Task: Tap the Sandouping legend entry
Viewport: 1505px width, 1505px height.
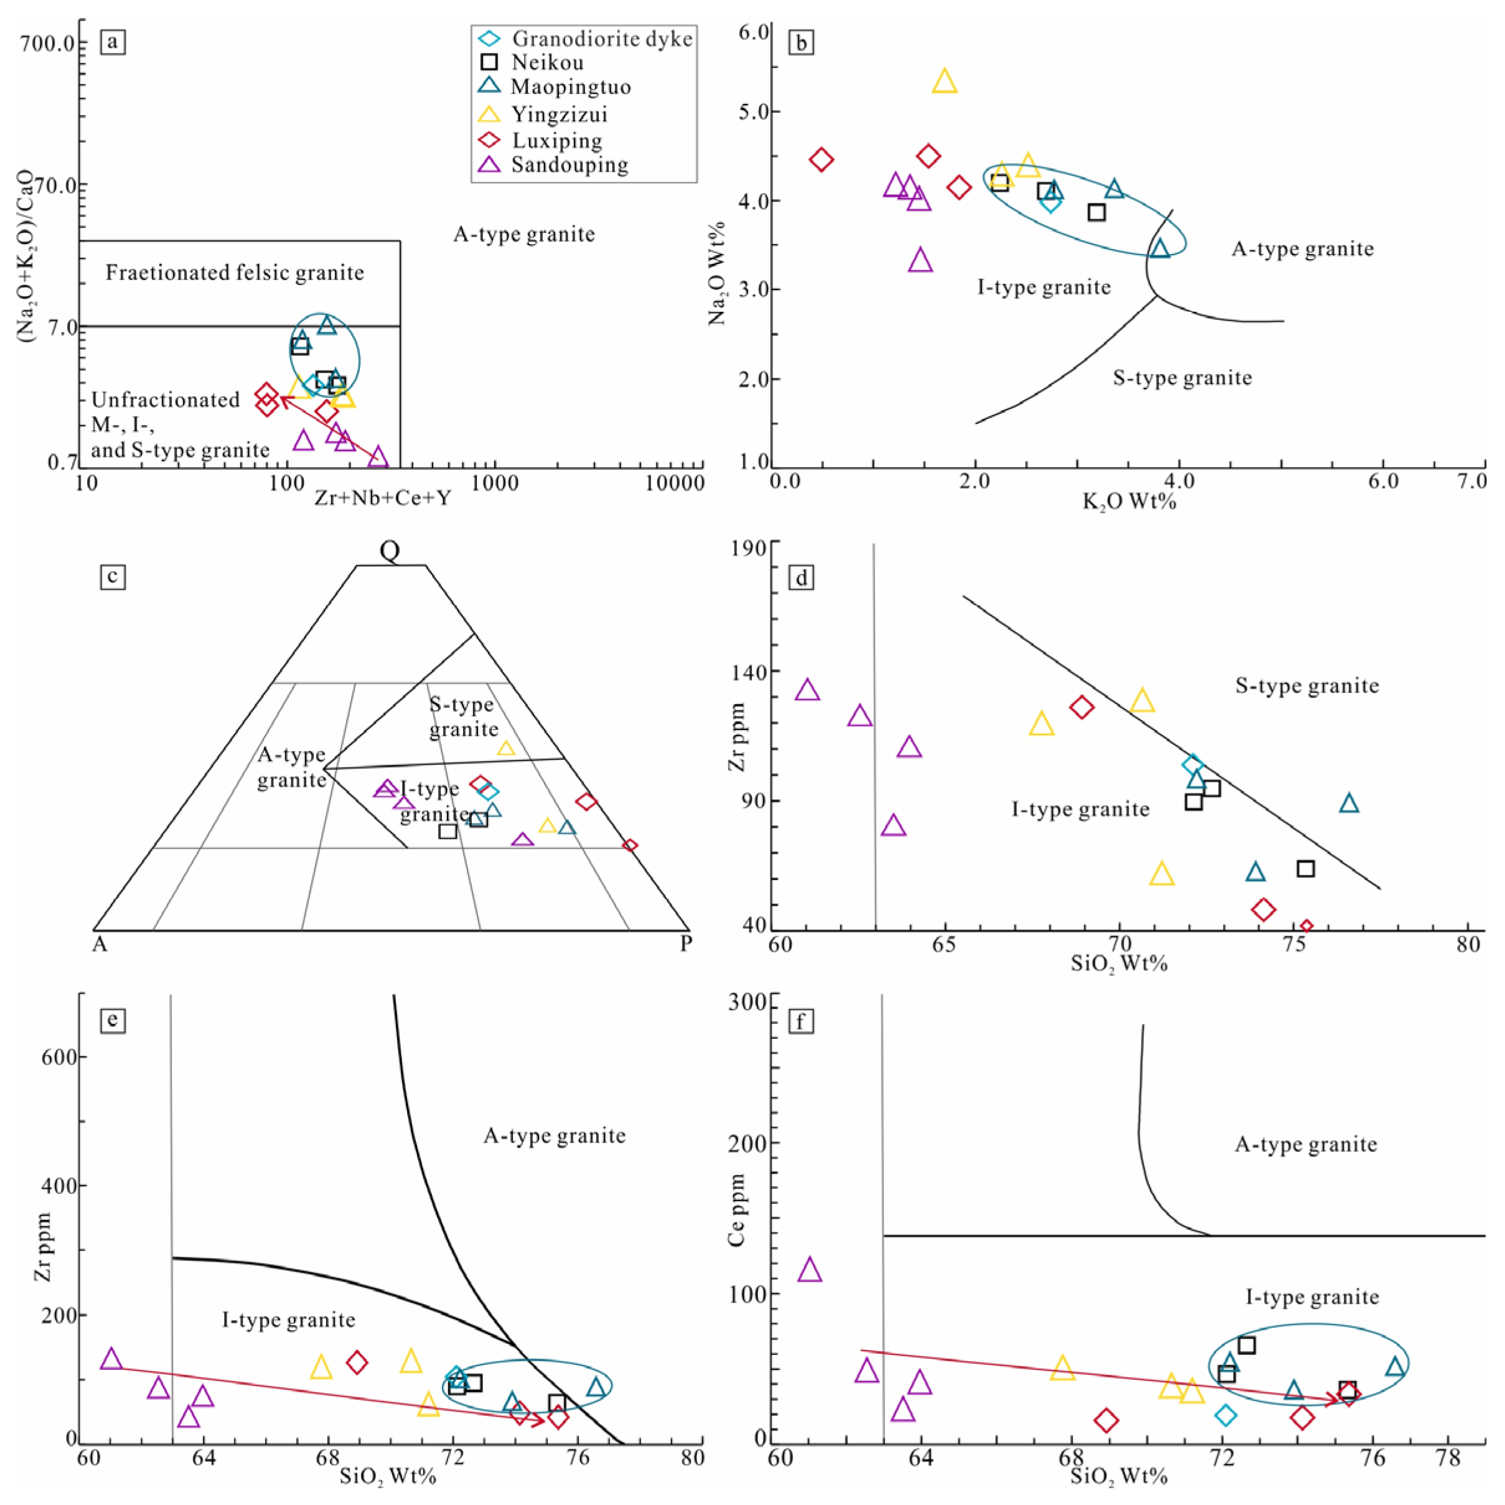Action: [570, 164]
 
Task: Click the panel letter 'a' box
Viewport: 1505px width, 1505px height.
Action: [113, 41]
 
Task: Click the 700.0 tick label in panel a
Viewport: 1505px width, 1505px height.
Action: [49, 43]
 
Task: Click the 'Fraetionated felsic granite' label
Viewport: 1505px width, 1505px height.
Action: [235, 273]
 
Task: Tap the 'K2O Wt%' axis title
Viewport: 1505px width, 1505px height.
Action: [1129, 501]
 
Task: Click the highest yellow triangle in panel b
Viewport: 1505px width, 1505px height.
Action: [944, 81]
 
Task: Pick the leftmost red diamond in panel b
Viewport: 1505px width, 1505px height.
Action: [821, 160]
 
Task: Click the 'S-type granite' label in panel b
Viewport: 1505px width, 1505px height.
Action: [1182, 378]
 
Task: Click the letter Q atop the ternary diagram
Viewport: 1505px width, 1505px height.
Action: [390, 551]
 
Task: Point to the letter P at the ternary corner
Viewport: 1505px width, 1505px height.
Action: [685, 944]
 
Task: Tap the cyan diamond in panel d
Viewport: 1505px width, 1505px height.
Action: [1193, 765]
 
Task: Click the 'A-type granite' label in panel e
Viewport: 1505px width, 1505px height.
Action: [554, 1136]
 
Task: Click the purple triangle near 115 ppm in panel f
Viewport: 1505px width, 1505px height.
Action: [810, 1270]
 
